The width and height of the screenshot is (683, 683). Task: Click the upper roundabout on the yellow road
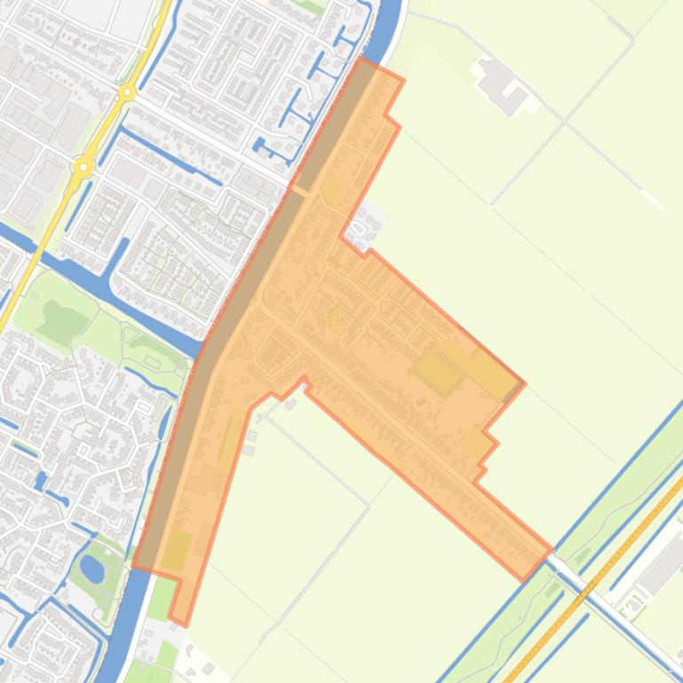pos(128,91)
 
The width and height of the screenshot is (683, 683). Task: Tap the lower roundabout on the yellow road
pos(84,166)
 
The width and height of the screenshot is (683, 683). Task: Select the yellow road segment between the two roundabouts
pos(106,129)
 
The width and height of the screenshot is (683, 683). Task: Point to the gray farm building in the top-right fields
pos(502,85)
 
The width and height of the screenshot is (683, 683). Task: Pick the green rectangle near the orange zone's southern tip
pos(176,550)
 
